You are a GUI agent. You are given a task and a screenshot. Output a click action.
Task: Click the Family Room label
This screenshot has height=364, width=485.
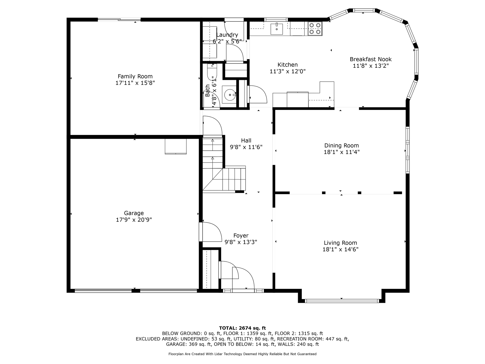coord(135,76)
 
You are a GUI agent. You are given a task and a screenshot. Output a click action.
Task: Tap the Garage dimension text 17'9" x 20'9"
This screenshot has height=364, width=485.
coord(134,220)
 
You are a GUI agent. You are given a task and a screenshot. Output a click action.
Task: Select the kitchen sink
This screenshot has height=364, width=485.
coord(277,29)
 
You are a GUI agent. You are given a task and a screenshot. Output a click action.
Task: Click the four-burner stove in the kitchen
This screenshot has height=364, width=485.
coord(315,29)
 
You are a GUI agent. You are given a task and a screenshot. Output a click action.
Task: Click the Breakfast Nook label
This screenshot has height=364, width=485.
coord(371,59)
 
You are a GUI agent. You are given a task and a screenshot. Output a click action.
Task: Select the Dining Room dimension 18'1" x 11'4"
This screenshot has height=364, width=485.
coord(342,152)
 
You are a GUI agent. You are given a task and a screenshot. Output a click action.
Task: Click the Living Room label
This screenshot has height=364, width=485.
coord(341,243)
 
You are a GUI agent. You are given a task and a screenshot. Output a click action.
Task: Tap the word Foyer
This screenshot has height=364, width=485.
coord(241,236)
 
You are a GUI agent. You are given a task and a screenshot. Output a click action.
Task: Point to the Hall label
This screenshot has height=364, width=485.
coord(246,141)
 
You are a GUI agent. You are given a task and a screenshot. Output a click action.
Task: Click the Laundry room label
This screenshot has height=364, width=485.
coord(227,35)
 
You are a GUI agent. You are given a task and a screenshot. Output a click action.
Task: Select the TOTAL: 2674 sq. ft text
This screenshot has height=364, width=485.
coord(243,328)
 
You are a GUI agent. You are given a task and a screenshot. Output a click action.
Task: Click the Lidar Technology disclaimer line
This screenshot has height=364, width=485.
coord(243,354)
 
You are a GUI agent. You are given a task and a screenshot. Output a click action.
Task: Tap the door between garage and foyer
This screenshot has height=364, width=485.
coord(210,232)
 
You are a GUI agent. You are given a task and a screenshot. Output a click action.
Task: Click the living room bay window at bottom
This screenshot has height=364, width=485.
coord(342,301)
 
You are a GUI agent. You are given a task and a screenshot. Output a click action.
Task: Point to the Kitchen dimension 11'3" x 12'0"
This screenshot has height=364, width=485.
coord(288,71)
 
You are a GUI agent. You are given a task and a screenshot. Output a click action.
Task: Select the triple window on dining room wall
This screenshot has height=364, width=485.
coord(407,150)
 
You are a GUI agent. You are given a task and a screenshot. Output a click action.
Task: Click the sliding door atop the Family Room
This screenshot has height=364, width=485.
coord(119,19)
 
